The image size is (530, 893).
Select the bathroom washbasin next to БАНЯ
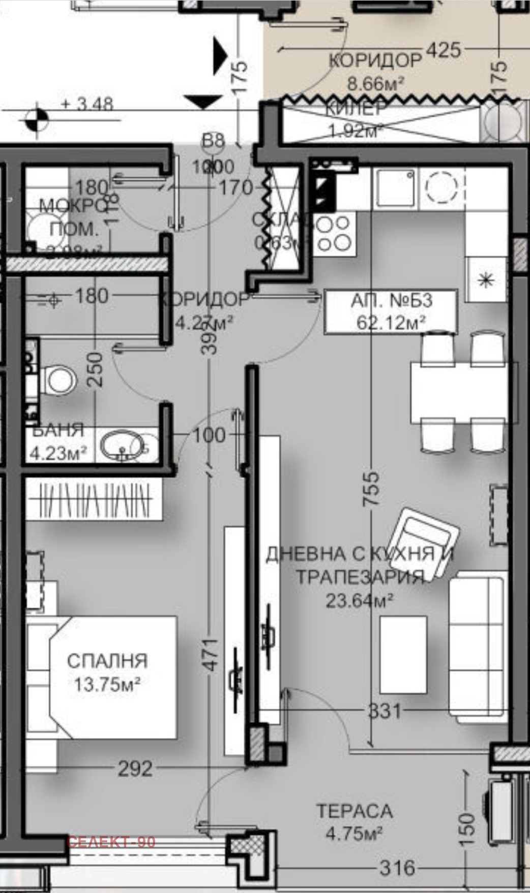point(122,445)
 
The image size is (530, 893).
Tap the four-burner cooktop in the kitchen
point(334,233)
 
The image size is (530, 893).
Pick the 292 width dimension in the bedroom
point(135,769)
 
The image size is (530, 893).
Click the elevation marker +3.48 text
point(87,104)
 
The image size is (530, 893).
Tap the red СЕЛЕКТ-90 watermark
point(111,842)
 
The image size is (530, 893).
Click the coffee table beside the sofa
point(403,654)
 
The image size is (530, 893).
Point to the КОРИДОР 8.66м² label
point(375,71)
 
